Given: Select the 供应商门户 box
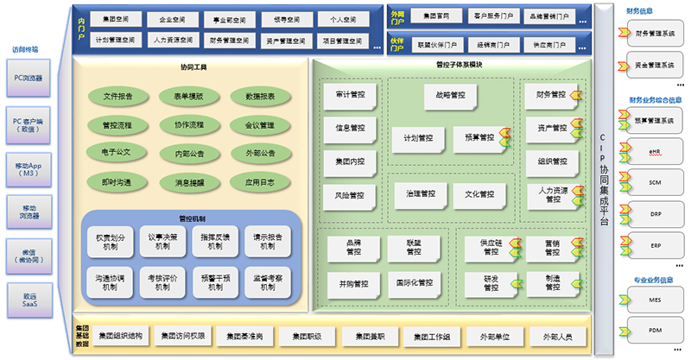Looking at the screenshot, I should (x=548, y=44).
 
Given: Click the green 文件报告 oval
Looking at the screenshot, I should (x=117, y=97).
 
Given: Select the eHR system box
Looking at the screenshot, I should (x=654, y=152).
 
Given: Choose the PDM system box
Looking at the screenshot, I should (x=654, y=329).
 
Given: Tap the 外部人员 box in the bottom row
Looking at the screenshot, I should (x=549, y=336).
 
